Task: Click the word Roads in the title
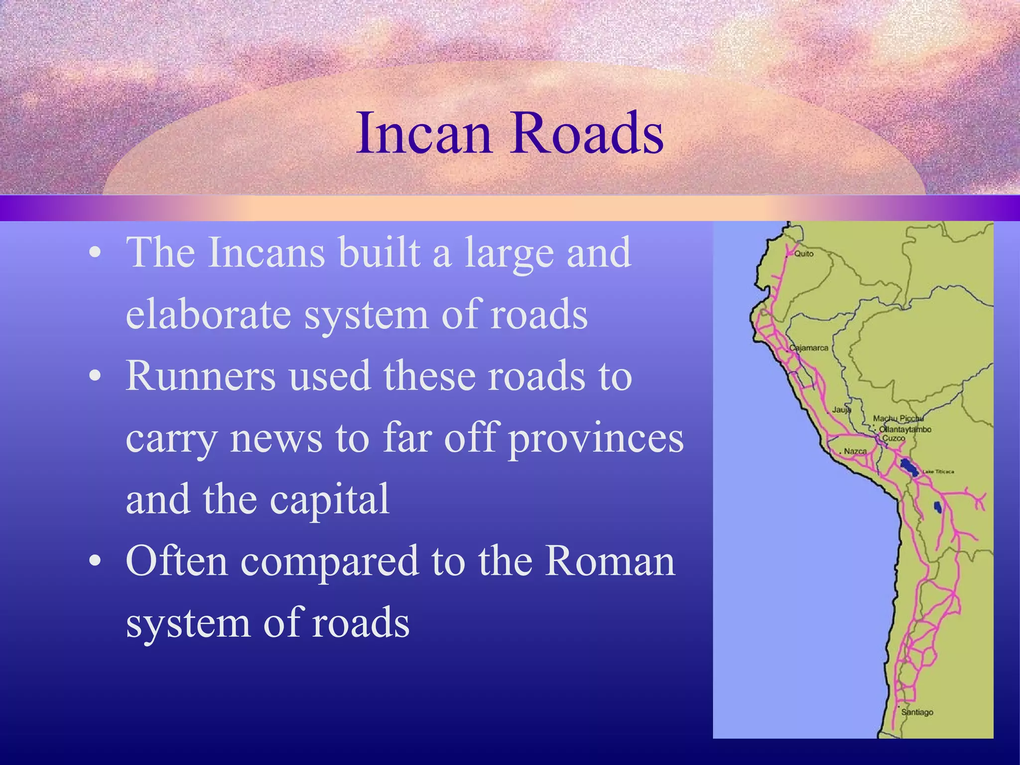point(588,133)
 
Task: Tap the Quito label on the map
point(803,254)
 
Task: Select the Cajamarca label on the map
point(809,348)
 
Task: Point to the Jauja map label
point(841,410)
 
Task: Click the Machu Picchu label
point(898,419)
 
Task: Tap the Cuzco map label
point(893,438)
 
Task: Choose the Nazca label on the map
point(855,451)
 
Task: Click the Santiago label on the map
point(917,712)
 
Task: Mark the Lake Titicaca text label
point(938,472)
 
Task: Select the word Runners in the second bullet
point(201,376)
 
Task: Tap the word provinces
point(596,439)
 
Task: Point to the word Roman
point(610,561)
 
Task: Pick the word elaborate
point(208,314)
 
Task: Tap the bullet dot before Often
point(95,561)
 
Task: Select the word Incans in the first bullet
point(266,253)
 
